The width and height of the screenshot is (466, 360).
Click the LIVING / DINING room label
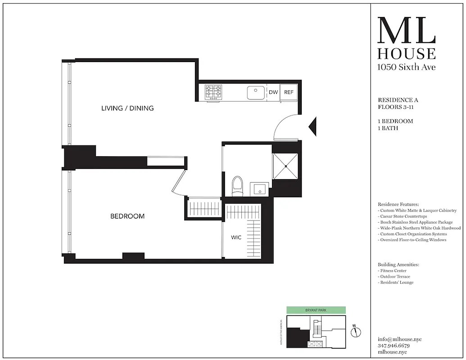[x=127, y=108]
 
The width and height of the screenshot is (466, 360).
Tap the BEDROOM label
[x=127, y=216]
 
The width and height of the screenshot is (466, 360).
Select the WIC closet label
[x=236, y=237]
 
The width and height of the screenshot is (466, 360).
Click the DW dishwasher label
[x=273, y=92]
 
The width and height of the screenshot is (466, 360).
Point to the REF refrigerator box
[x=289, y=92]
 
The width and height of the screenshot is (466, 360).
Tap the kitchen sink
[x=256, y=93]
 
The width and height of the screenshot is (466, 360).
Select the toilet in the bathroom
[x=237, y=186]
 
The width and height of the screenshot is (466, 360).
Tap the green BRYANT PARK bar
[x=316, y=310]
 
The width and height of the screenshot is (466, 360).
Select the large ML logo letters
[x=406, y=31]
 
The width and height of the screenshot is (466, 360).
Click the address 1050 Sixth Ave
[x=406, y=67]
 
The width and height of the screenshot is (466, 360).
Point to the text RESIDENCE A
[x=398, y=100]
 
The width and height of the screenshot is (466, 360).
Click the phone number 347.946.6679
[x=394, y=346]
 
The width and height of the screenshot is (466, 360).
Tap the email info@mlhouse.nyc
[x=400, y=339]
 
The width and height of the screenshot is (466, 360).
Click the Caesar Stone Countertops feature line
[x=409, y=216]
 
